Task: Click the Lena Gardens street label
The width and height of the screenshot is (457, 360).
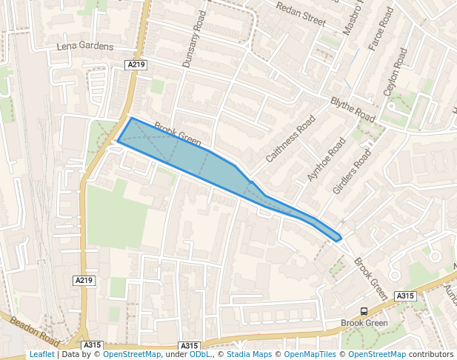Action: (85, 47)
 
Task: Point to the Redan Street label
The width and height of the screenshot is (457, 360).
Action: (301, 13)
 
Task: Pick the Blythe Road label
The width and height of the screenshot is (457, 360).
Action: (353, 110)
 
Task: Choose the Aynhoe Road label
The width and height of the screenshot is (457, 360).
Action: (327, 159)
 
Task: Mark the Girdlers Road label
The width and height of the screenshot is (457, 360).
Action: (351, 172)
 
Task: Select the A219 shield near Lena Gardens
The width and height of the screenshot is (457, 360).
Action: (136, 65)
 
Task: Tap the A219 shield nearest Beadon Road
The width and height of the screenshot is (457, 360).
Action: (84, 281)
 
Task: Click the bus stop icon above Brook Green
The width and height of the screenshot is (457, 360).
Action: (364, 312)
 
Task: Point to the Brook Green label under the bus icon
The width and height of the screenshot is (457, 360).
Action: (364, 324)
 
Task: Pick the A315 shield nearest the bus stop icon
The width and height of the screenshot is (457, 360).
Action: (404, 296)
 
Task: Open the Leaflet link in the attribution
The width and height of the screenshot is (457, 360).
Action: (41, 355)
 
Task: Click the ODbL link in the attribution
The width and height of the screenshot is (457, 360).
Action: (200, 355)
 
